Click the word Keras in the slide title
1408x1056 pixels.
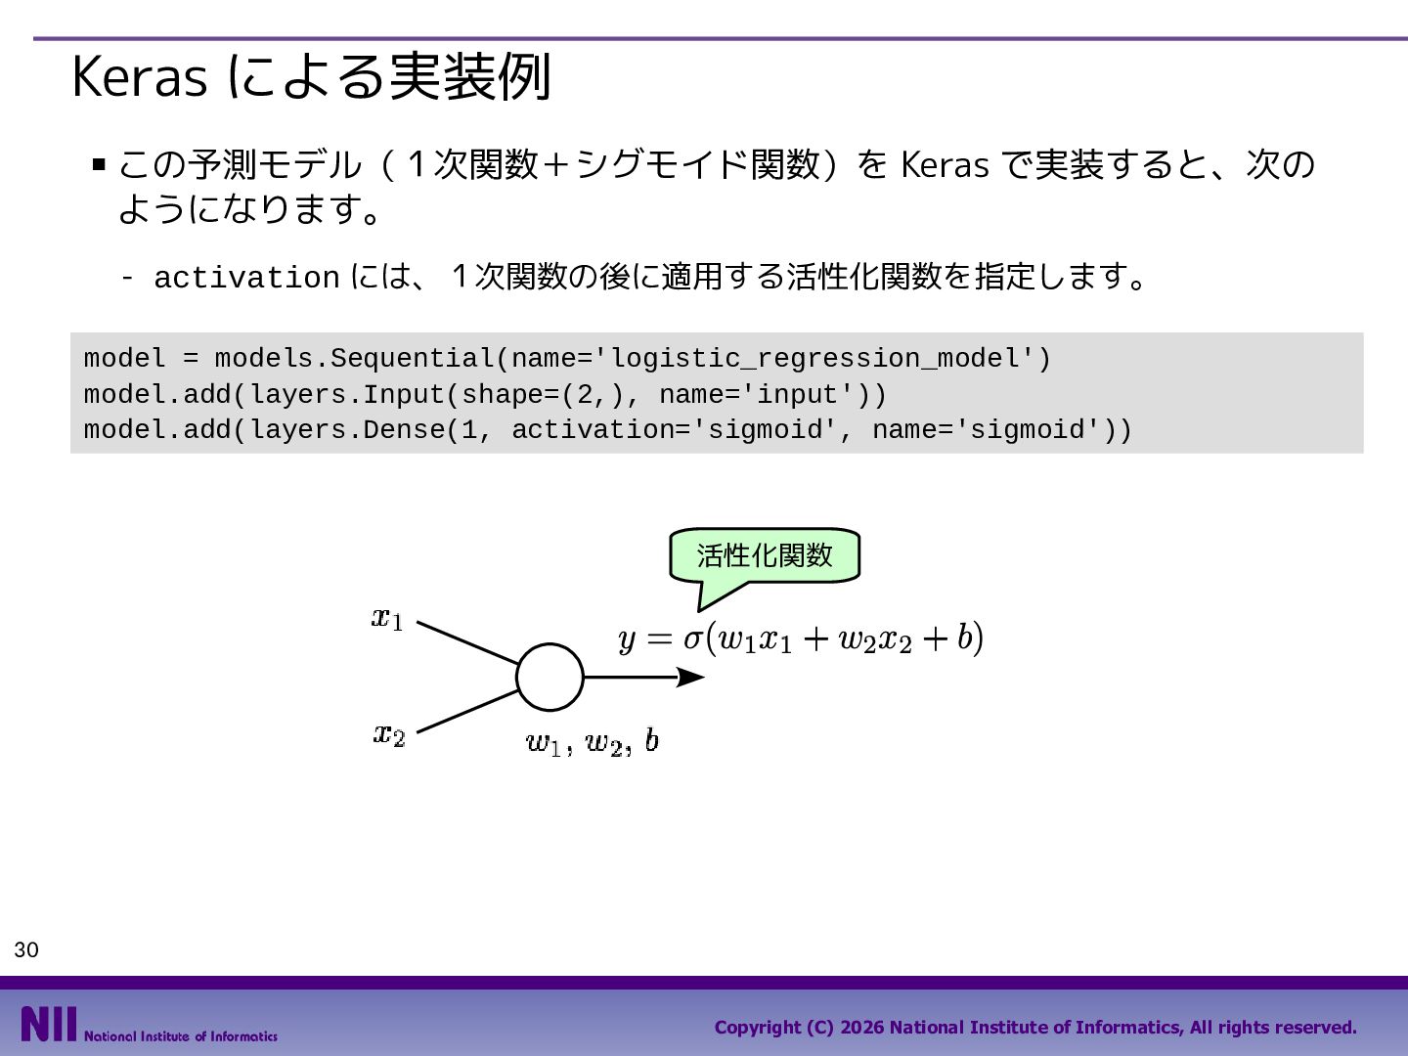pyautogui.click(x=140, y=77)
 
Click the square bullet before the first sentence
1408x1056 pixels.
pyautogui.click(x=99, y=164)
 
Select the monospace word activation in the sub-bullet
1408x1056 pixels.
pyautogui.click(x=247, y=278)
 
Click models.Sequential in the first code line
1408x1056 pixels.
pyautogui.click(x=355, y=359)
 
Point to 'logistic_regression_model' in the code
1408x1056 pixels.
pyautogui.click(x=814, y=359)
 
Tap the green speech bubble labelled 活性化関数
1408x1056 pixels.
pyautogui.click(x=764, y=556)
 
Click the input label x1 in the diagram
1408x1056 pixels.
pyautogui.click(x=387, y=619)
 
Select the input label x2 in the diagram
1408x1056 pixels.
pyautogui.click(x=389, y=734)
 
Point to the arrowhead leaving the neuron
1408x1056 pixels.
pyautogui.click(x=691, y=677)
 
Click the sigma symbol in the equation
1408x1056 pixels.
pyautogui.click(x=693, y=638)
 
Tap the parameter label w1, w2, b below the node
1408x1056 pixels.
pyautogui.click(x=593, y=742)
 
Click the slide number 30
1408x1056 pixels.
pyautogui.click(x=26, y=949)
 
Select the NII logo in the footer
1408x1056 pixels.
pyautogui.click(x=49, y=1024)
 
